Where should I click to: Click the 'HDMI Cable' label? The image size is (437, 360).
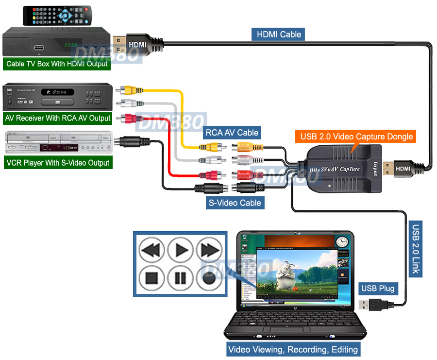coord(279,34)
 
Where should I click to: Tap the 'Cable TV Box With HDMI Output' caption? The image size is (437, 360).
coord(57,64)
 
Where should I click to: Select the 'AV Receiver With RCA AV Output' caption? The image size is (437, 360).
coord(58,118)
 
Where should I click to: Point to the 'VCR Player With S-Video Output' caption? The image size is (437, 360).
coord(58,162)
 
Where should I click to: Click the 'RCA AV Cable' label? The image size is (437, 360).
coord(232,132)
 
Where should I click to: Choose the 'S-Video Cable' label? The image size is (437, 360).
coord(235,203)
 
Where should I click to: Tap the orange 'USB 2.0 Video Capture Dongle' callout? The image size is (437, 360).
coord(356,137)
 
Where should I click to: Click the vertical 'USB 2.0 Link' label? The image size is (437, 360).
coord(416,249)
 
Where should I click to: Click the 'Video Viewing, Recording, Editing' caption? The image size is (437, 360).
coord(293,349)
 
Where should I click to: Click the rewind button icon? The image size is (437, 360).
coord(152,250)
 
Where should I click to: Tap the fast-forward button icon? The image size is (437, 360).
coord(209,250)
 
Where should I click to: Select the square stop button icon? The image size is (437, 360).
coord(152,278)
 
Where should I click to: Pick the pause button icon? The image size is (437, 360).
coord(181,278)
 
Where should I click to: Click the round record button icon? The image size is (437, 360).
coord(209,278)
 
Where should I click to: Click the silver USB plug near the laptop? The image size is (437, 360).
coord(368,305)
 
